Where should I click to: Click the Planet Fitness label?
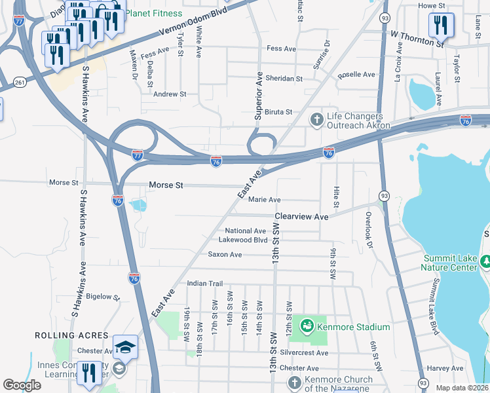(155, 13)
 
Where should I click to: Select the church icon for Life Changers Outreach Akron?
(316, 119)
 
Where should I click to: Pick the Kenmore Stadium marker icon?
(305, 326)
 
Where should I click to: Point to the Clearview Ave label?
(301, 216)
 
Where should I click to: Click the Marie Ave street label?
(265, 200)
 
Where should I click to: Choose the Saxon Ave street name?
(225, 254)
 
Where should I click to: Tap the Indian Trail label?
(205, 283)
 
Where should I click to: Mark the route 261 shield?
(19, 82)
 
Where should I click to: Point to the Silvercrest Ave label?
(303, 352)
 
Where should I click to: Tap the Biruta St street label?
(278, 113)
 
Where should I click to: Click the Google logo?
(22, 385)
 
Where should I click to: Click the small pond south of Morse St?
(138, 206)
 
